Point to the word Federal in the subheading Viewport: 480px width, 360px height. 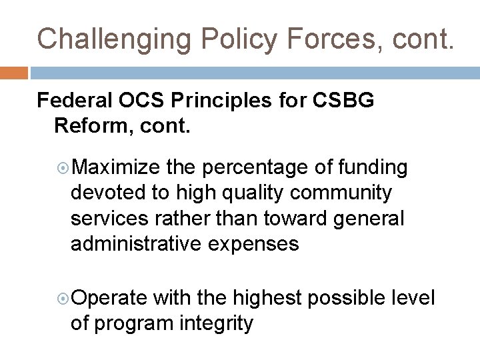tap(73, 101)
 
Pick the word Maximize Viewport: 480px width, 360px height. tap(115, 167)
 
